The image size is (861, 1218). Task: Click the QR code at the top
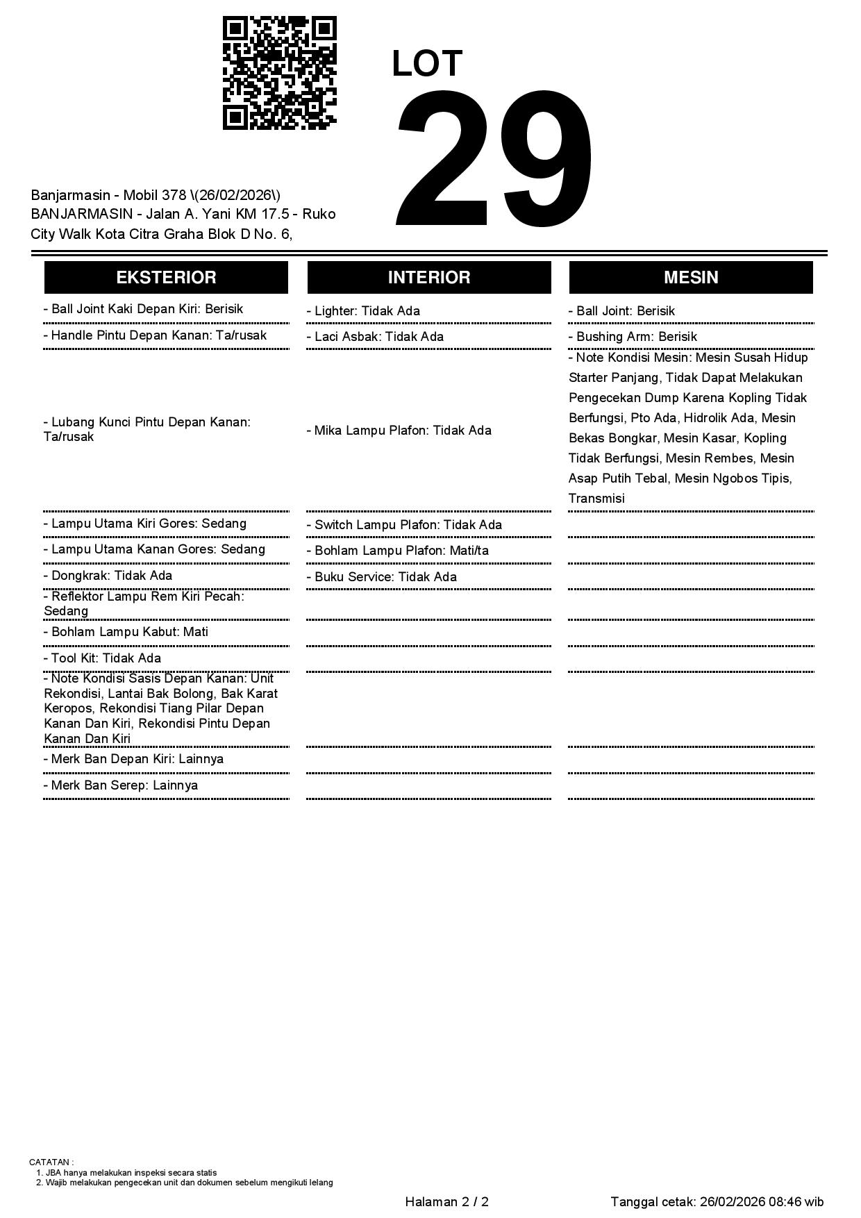click(x=280, y=73)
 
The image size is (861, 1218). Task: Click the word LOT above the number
click(x=427, y=64)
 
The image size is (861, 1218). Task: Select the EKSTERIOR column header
click(x=166, y=278)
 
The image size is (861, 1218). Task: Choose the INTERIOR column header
click(x=429, y=278)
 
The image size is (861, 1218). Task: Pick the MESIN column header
click(x=691, y=278)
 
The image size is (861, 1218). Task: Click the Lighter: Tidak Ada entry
click(x=363, y=311)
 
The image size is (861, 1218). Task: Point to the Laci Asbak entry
click(x=375, y=337)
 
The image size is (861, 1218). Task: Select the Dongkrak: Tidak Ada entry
click(x=108, y=576)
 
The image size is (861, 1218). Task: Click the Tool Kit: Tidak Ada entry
click(x=102, y=658)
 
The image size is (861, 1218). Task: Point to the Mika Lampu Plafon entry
click(x=399, y=431)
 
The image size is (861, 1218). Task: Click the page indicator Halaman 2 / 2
click(x=446, y=1202)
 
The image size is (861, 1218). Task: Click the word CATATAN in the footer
click(x=50, y=1162)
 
